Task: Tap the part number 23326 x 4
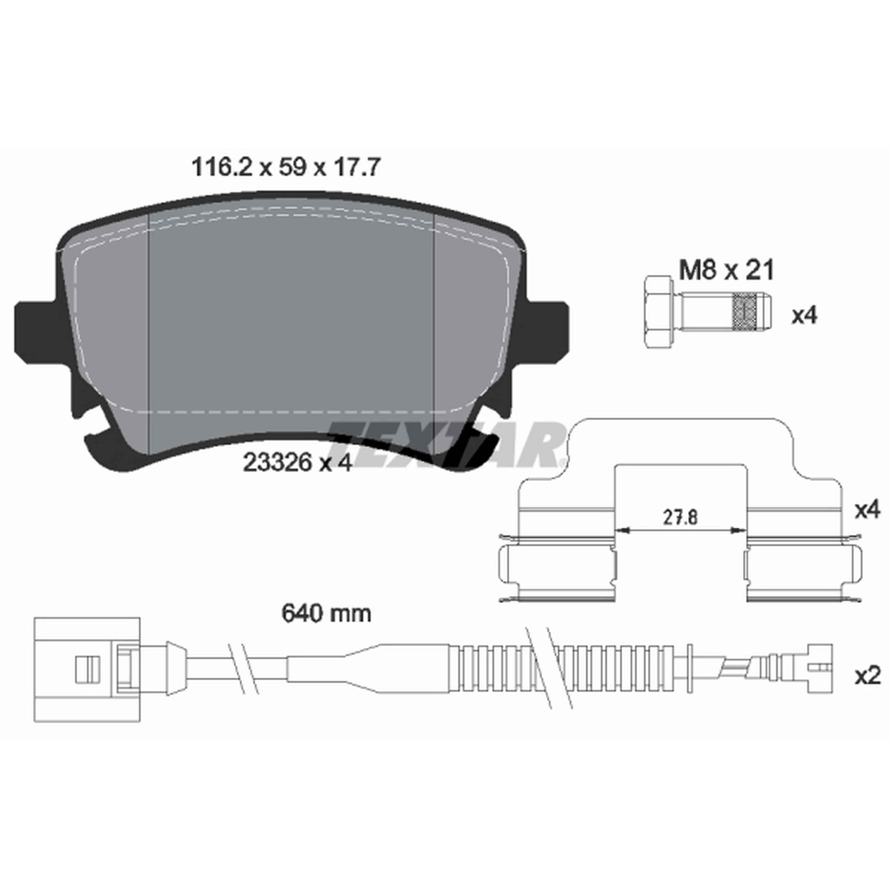coord(297,463)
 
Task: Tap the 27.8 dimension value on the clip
coord(680,518)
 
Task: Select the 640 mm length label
coord(326,614)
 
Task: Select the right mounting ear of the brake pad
coord(548,328)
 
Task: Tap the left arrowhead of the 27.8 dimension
coord(623,531)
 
